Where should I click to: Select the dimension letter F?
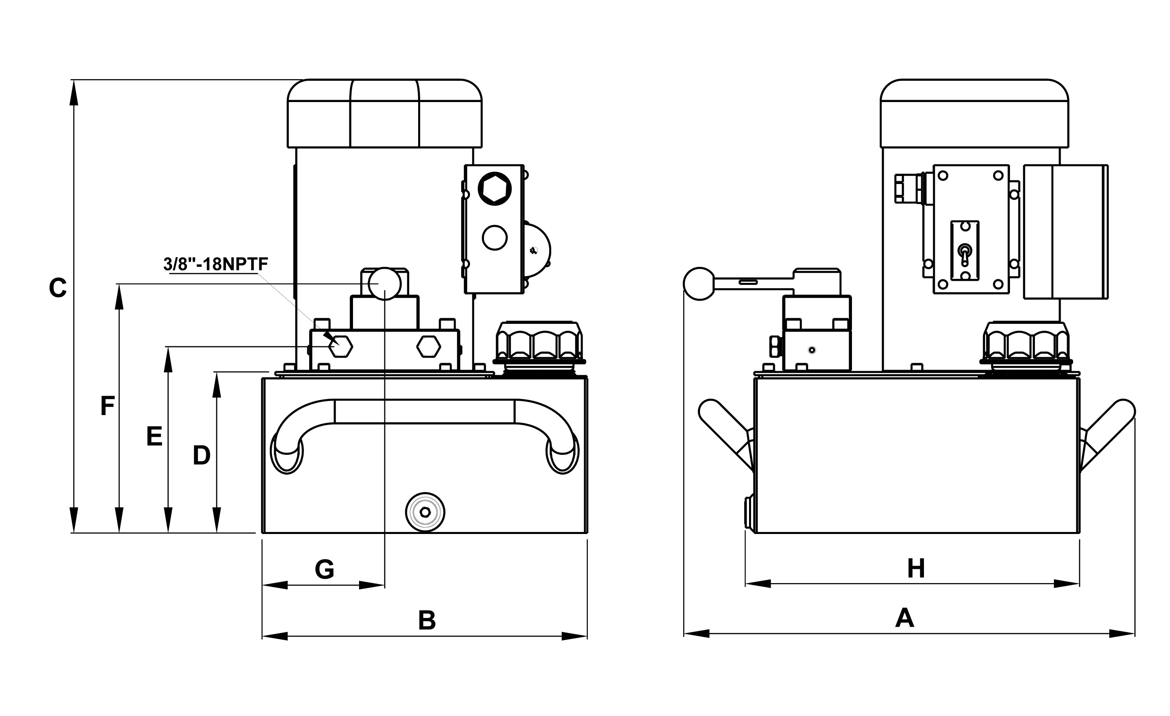[x=107, y=406]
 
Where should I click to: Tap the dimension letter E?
[x=154, y=436]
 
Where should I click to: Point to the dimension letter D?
[x=201, y=456]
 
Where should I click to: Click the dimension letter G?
[x=324, y=569]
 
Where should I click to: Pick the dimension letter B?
[x=427, y=621]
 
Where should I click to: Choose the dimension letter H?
[x=916, y=569]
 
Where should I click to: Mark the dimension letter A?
[x=905, y=618]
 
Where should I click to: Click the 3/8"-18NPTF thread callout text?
[x=216, y=264]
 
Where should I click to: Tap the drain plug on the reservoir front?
[x=425, y=512]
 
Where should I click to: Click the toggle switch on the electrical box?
[x=965, y=252]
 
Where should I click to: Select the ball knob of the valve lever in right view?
[x=699, y=284]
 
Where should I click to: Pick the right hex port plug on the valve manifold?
[x=428, y=347]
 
